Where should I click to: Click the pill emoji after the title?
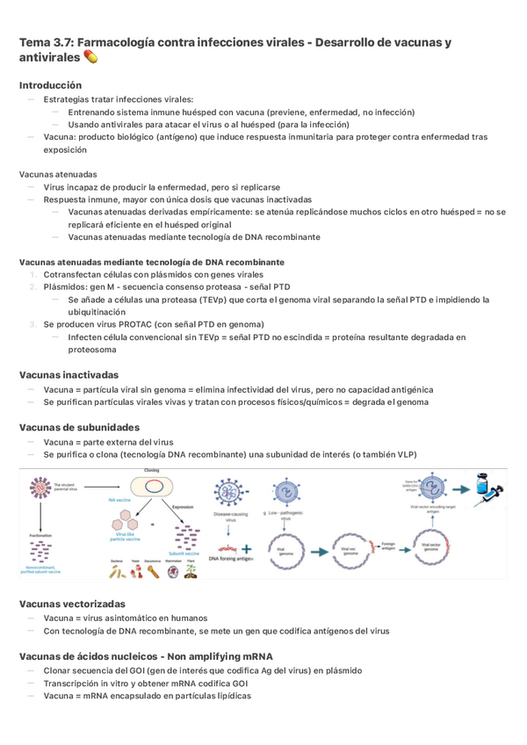pyautogui.click(x=91, y=58)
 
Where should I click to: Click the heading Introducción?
pyautogui.click(x=50, y=85)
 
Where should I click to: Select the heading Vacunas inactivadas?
pyautogui.click(x=68, y=373)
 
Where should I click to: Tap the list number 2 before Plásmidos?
pyautogui.click(x=32, y=286)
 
